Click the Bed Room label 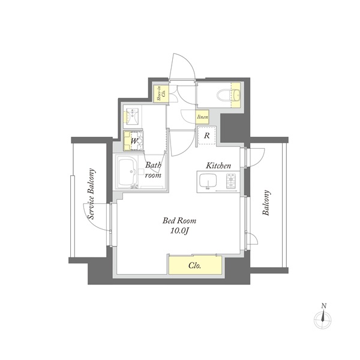coord(179,221)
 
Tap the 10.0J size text coord(179,231)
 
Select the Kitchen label coord(218,166)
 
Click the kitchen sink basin coord(208,181)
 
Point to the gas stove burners coord(232,181)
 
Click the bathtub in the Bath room coord(128,172)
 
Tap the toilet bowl coord(222,95)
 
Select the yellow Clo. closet coord(195,265)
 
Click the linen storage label coord(203,117)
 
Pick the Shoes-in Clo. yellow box coord(161,94)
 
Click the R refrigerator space coord(206,136)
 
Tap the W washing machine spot coord(133,141)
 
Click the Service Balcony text coord(91,194)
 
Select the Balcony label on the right coord(266,203)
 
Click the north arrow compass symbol coord(323,317)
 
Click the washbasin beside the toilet coord(236,95)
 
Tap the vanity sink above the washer coord(132,117)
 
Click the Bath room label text coord(154,170)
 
